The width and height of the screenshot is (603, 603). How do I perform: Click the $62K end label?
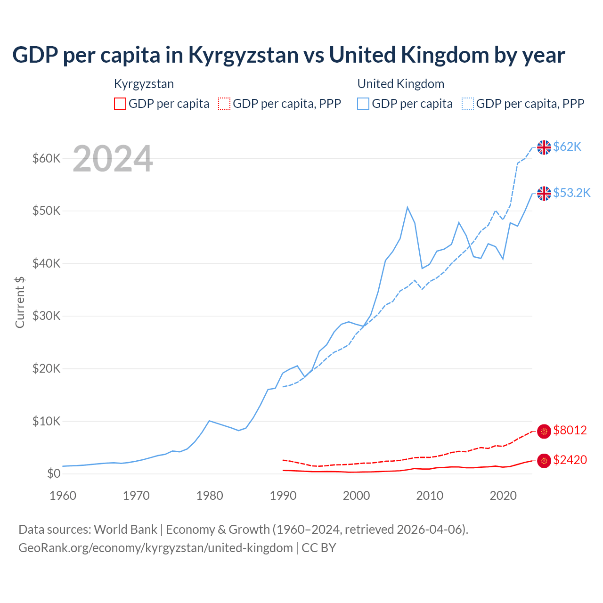pos(567,147)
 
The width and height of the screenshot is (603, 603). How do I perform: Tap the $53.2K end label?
pos(571,193)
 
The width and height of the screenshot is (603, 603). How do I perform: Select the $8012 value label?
pos(570,431)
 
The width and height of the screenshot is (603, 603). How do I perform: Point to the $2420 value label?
pos(570,460)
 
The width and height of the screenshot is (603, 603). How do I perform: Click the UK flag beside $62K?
pos(544,147)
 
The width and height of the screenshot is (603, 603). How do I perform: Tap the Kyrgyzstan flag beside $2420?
pos(544,461)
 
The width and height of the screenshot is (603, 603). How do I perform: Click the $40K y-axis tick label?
pos(46,263)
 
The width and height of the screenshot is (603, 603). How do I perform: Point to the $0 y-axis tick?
pos(54,474)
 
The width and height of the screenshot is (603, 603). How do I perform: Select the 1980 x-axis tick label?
pos(210,496)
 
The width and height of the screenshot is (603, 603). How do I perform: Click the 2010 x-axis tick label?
pos(430,496)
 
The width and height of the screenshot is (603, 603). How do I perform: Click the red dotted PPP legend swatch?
pos(224,104)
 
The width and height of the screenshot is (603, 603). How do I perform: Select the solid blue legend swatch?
pos(363,104)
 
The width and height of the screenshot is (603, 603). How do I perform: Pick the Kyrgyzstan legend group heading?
pos(144,84)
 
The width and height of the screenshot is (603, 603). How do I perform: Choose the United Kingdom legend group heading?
pos(400,84)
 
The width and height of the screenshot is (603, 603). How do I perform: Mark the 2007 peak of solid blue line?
pos(407,207)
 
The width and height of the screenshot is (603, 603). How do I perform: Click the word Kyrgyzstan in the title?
pos(243,55)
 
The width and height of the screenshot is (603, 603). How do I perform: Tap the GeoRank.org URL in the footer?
pos(155,548)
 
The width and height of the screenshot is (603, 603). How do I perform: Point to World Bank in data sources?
pos(125,530)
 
